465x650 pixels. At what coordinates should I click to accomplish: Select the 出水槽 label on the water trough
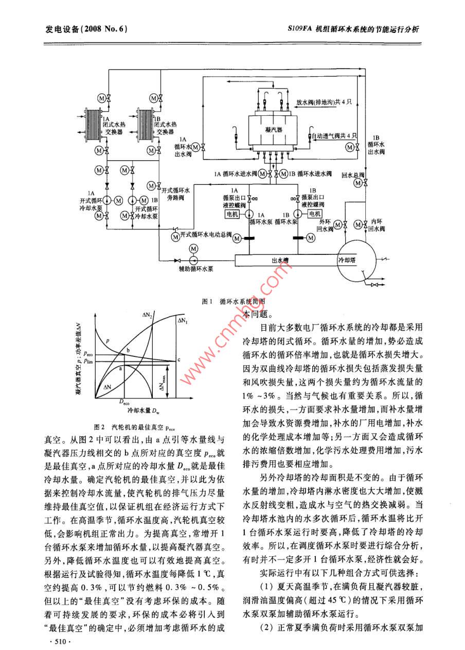[280, 261]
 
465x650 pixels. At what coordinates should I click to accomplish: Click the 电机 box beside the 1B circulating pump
[315, 214]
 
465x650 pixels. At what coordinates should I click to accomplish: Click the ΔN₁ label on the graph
[183, 320]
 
